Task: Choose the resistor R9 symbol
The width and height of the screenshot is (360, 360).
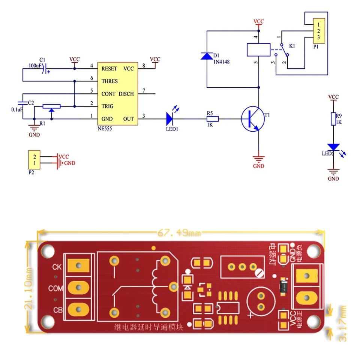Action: click(x=333, y=119)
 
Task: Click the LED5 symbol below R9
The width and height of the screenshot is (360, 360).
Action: click(x=333, y=147)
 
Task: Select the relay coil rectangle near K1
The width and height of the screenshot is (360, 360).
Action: click(x=258, y=49)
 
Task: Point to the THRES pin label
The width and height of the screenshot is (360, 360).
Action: click(x=109, y=81)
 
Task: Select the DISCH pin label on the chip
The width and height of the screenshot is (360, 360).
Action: click(x=126, y=94)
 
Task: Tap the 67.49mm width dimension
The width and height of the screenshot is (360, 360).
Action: click(x=178, y=234)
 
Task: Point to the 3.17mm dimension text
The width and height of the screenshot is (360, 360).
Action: click(x=342, y=323)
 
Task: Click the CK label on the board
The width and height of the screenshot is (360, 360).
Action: click(x=57, y=267)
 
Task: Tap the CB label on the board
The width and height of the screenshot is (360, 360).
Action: click(x=57, y=310)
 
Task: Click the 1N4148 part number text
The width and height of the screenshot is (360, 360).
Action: click(x=221, y=62)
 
